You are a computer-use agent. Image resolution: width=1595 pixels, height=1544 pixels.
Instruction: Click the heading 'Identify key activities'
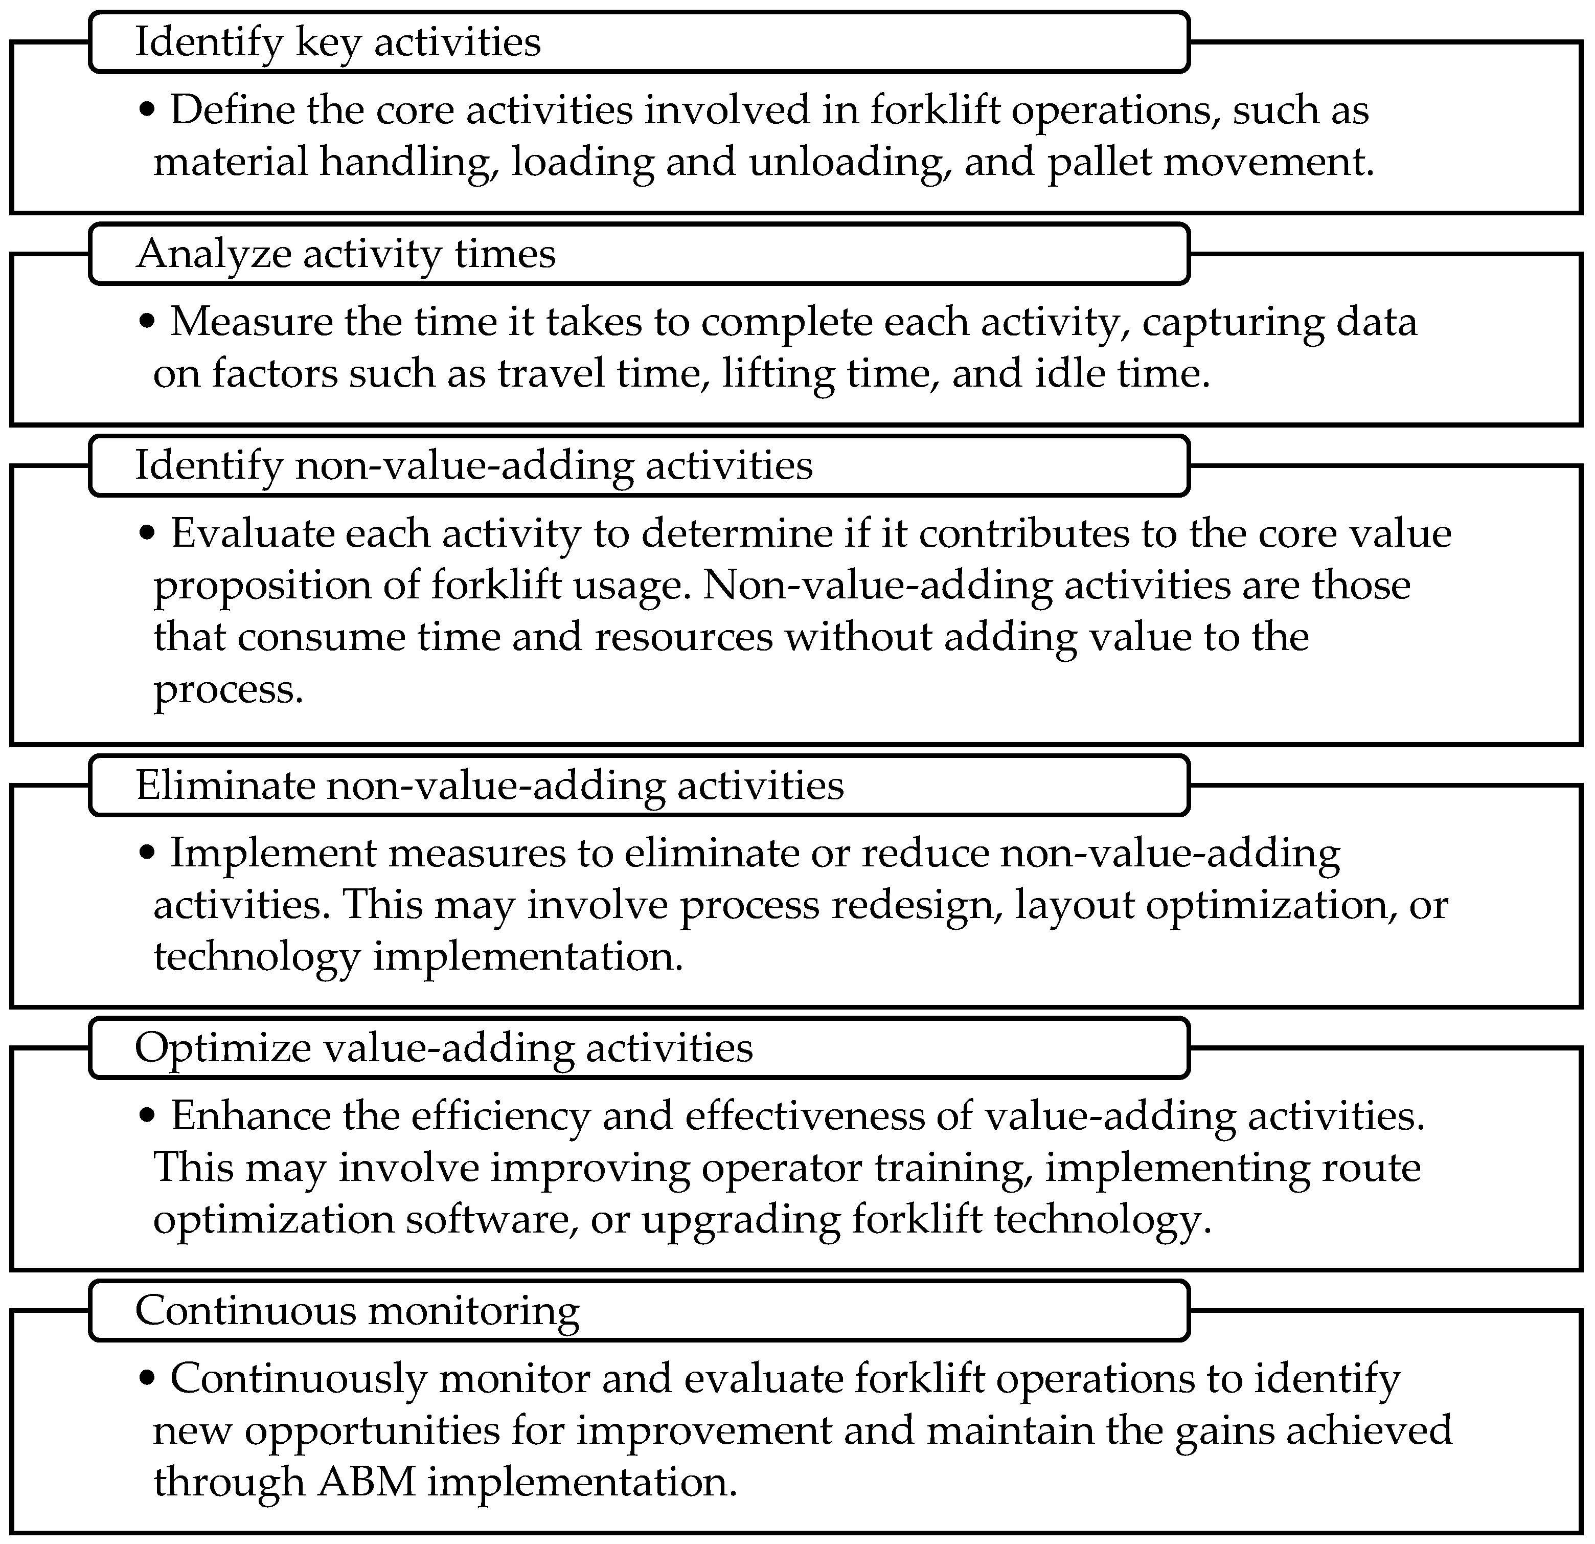pyautogui.click(x=338, y=42)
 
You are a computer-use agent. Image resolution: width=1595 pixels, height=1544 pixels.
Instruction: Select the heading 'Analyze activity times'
pyautogui.click(x=346, y=254)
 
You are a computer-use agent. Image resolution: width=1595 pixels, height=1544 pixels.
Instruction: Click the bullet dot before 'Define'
pyautogui.click(x=147, y=109)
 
